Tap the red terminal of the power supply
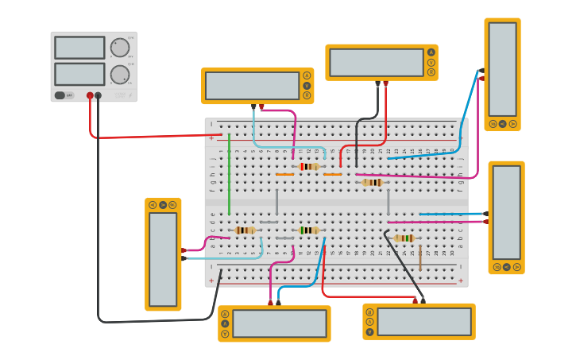pyautogui.click(x=90, y=95)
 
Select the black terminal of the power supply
pyautogui.click(x=99, y=95)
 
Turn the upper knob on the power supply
pyautogui.click(x=120, y=48)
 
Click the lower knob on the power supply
pyautogui.click(x=120, y=75)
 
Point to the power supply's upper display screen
pyautogui.click(x=79, y=48)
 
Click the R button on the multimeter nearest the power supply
pyautogui.click(x=307, y=95)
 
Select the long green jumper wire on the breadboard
pyautogui.click(x=229, y=175)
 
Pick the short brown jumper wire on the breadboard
pyautogui.click(x=420, y=258)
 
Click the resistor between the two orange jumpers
pyautogui.click(x=309, y=167)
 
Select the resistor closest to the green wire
pyautogui.click(x=245, y=230)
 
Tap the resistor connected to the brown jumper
pyautogui.click(x=404, y=238)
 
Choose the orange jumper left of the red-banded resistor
pyautogui.click(x=284, y=174)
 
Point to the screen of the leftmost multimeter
pyautogui.click(x=163, y=258)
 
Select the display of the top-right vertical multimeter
pyautogui.click(x=502, y=69)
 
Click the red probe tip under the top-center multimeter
pyautogui.click(x=386, y=83)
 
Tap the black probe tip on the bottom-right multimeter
pyautogui.click(x=423, y=300)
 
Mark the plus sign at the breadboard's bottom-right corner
pyautogui.click(x=460, y=280)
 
